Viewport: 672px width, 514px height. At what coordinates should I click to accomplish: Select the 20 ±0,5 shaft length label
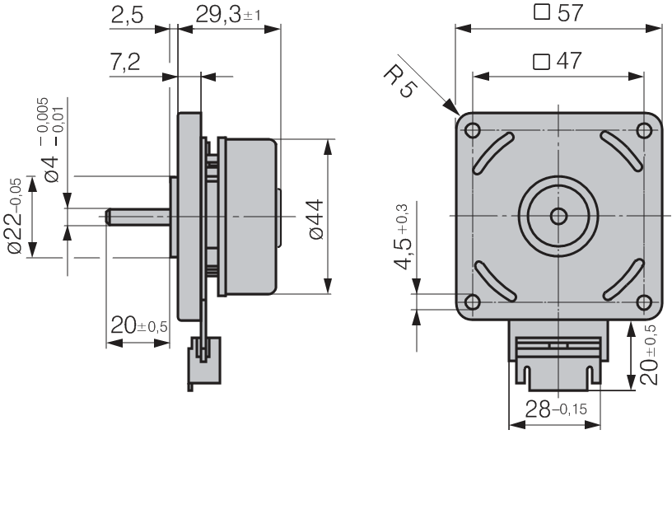tap(139, 326)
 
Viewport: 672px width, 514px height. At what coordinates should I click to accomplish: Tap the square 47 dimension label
tap(558, 62)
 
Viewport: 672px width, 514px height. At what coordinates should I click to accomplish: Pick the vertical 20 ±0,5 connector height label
tap(650, 354)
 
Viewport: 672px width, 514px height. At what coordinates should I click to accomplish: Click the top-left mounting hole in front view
tap(473, 131)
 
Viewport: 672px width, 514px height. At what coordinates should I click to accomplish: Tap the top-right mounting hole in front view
tap(643, 131)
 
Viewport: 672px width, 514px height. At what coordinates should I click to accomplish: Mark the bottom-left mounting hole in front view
tap(473, 301)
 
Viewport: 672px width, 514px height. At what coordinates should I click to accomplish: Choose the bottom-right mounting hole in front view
tap(643, 301)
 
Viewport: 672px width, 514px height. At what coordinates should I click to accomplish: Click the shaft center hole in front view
tap(558, 216)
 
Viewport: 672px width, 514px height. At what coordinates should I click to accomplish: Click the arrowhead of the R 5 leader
tap(455, 112)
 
